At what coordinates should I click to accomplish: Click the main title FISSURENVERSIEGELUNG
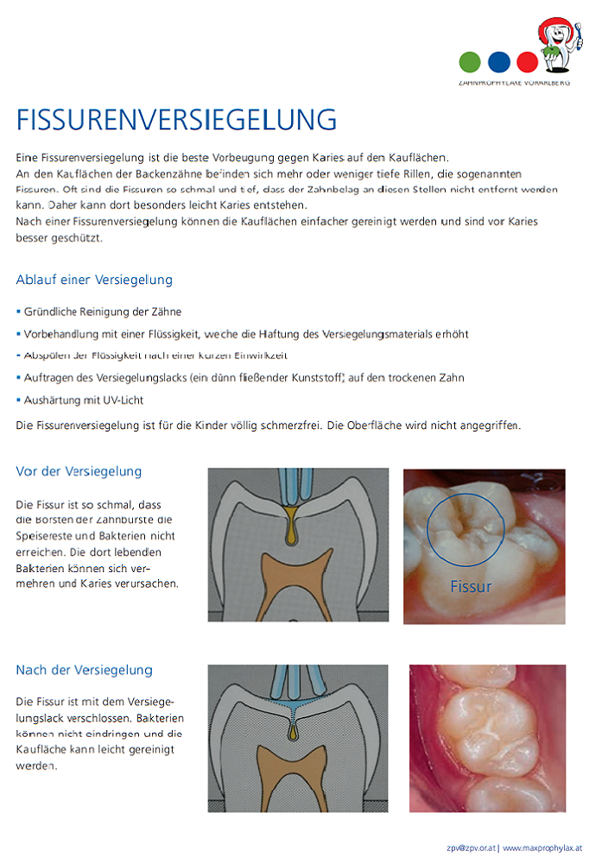tap(176, 118)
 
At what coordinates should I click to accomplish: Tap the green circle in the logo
tap(470, 62)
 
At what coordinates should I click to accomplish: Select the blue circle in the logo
tap(498, 62)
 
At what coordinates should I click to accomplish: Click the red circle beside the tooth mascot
tap(527, 62)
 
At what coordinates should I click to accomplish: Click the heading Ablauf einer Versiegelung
tap(94, 280)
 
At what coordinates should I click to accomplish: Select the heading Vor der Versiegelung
tap(79, 471)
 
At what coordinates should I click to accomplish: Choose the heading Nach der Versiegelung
tap(84, 670)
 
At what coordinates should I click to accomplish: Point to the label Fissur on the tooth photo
tap(471, 587)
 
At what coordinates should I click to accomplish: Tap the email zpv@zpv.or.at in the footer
tap(470, 848)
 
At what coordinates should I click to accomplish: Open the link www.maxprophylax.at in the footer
tap(542, 848)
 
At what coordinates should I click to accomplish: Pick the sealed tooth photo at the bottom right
tap(487, 738)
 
